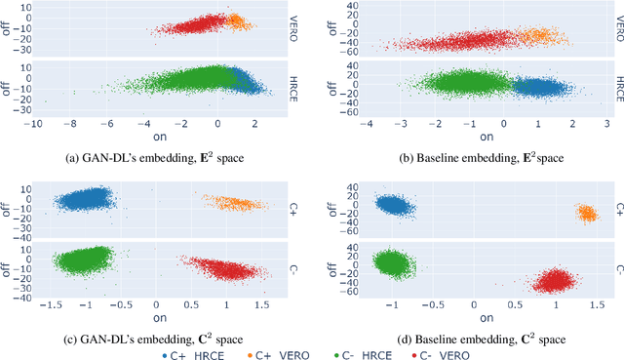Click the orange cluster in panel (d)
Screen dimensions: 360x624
[x=586, y=213]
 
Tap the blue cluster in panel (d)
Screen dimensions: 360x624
[x=394, y=207]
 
